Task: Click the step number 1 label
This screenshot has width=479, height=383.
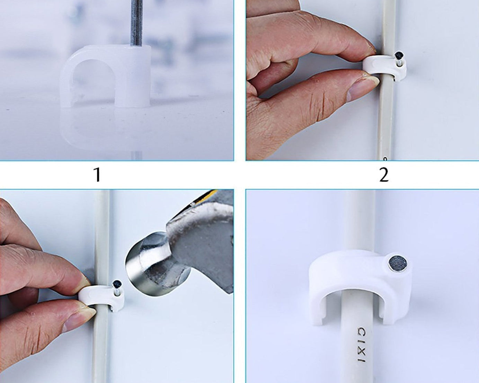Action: click(x=97, y=175)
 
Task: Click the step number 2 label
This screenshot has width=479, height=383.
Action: click(x=383, y=175)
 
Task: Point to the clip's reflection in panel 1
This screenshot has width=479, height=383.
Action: click(x=104, y=128)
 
